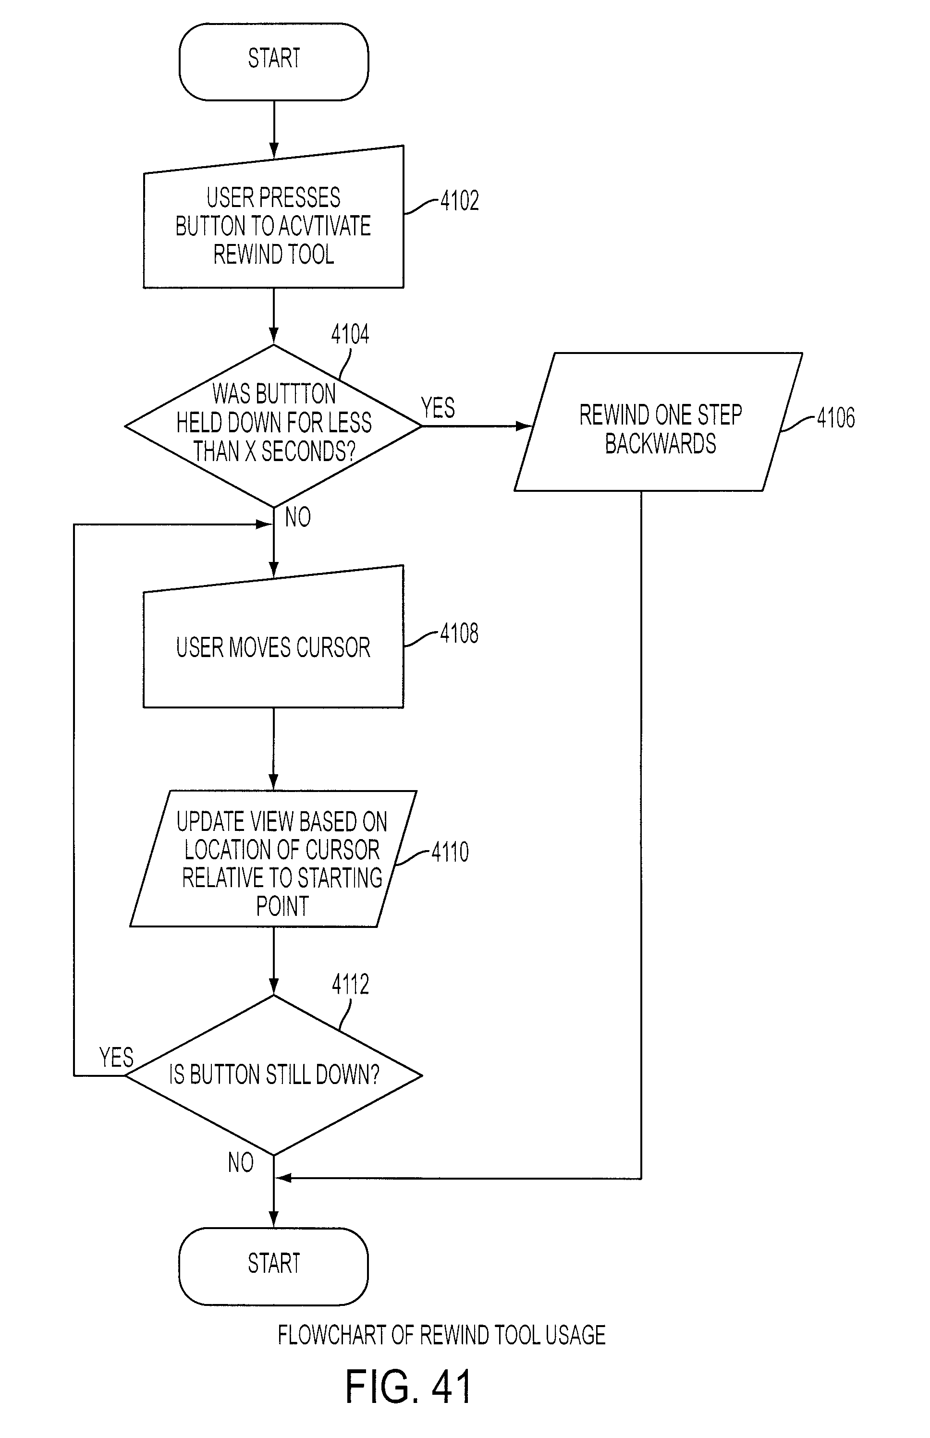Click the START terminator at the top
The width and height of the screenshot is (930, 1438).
click(x=273, y=61)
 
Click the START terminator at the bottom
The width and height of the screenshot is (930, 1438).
click(x=273, y=1266)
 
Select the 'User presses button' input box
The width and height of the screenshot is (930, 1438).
click(x=273, y=217)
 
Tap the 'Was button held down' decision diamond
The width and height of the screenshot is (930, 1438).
click(x=273, y=426)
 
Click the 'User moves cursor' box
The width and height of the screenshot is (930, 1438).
click(x=273, y=637)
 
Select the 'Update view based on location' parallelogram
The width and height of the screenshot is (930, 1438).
click(x=273, y=858)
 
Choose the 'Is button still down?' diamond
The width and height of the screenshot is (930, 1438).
click(x=273, y=1075)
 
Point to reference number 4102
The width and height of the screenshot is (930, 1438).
click(x=460, y=200)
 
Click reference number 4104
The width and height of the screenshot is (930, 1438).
click(x=350, y=334)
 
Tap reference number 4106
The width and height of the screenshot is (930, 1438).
click(x=836, y=418)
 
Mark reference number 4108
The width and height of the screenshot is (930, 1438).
click(x=460, y=634)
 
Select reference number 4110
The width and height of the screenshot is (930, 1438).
click(x=450, y=852)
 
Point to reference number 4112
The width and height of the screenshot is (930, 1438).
click(x=350, y=985)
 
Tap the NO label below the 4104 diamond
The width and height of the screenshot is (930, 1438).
click(x=298, y=517)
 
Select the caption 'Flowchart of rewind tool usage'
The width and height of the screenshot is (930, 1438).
click(x=441, y=1335)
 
